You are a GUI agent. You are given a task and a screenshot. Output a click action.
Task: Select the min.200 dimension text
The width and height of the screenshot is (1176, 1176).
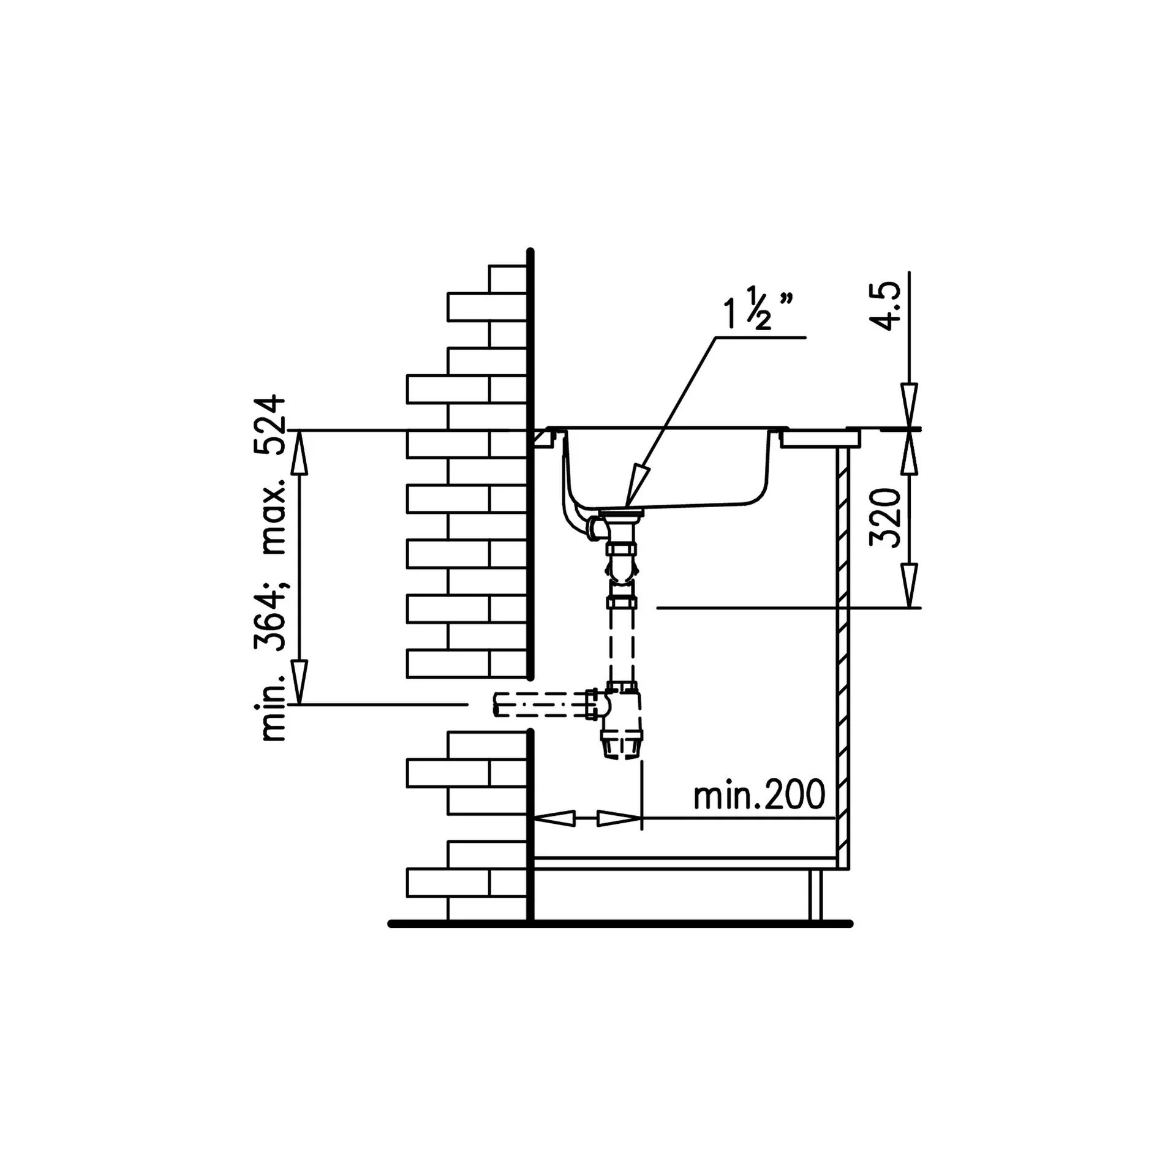click(x=759, y=796)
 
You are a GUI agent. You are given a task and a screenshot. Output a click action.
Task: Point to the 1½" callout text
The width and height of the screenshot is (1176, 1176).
click(x=758, y=311)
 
